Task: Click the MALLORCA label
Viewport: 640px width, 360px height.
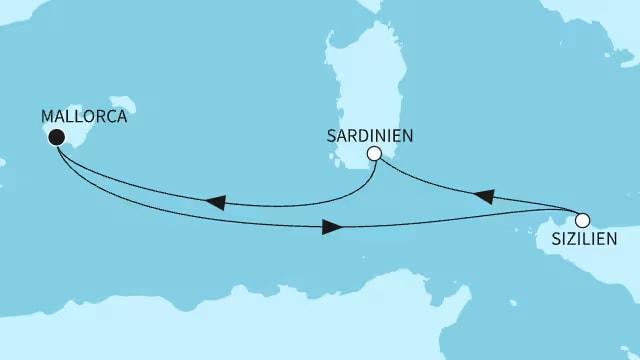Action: tap(84, 116)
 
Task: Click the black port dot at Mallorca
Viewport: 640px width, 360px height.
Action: tap(57, 138)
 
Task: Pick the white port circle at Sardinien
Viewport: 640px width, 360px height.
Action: tap(374, 154)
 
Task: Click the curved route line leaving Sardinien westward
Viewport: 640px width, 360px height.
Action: tap(300, 204)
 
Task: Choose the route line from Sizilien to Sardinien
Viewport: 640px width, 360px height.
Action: tap(440, 186)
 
